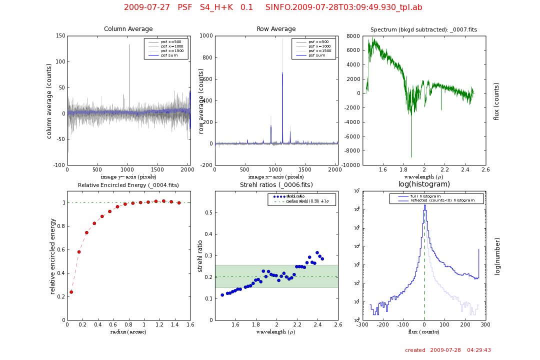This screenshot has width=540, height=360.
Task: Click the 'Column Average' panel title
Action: [128, 29]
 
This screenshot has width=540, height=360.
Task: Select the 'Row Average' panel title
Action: [276, 29]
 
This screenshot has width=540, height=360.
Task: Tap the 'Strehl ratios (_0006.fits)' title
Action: [276, 185]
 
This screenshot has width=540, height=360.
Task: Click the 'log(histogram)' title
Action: [424, 184]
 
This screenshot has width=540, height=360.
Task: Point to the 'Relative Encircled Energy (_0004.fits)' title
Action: [128, 185]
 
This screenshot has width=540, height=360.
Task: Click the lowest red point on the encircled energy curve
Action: [71, 292]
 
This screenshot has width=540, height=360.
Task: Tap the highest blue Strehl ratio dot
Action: [317, 252]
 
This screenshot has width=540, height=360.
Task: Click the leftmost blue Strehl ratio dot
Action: [222, 295]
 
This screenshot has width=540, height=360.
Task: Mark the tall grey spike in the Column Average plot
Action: [129, 45]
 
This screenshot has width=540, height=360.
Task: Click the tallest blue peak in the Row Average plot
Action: [282, 73]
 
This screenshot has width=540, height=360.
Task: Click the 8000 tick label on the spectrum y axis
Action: [353, 36]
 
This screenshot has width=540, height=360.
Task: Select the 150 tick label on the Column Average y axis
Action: [60, 36]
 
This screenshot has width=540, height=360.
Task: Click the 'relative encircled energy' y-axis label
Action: [52, 255]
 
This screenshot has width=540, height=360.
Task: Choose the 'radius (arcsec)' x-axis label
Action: [128, 332]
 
